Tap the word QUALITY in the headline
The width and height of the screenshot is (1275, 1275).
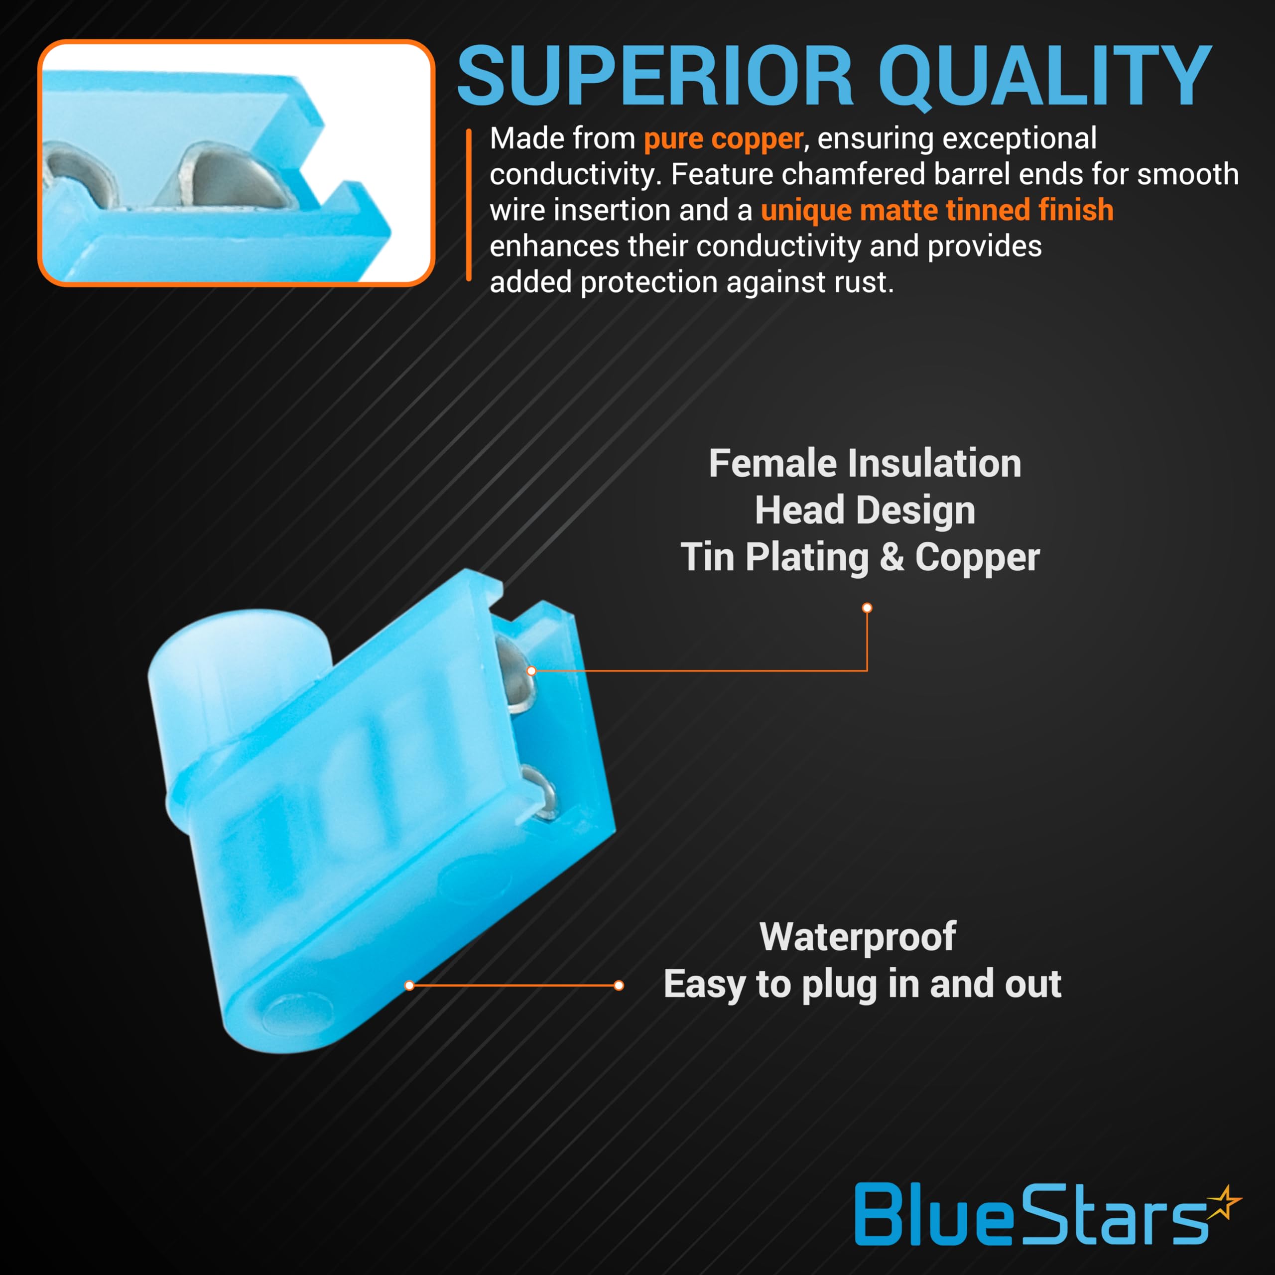(x=1045, y=76)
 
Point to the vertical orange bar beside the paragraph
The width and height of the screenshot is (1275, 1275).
(x=469, y=205)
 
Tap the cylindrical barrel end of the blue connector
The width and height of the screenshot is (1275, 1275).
(x=238, y=660)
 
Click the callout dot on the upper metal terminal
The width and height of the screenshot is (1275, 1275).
(x=531, y=671)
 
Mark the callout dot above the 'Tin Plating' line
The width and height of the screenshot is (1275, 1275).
(x=867, y=608)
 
